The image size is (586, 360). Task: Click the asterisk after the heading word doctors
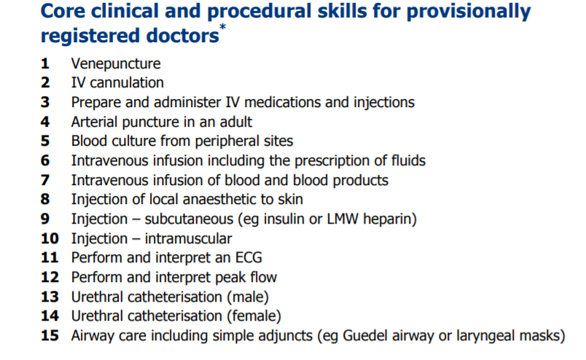(223, 26)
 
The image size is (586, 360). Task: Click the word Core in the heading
(63, 11)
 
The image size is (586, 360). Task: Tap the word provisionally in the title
(469, 12)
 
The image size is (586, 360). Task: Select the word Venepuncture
(116, 64)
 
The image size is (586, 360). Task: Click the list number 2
(45, 82)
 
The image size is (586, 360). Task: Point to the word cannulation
(127, 82)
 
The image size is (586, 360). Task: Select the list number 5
(45, 141)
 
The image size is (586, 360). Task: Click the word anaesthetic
(203, 199)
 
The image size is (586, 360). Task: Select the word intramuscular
(188, 238)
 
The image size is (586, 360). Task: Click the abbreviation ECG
(249, 258)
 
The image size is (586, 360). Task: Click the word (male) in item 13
(248, 297)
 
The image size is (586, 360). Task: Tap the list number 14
(50, 316)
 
